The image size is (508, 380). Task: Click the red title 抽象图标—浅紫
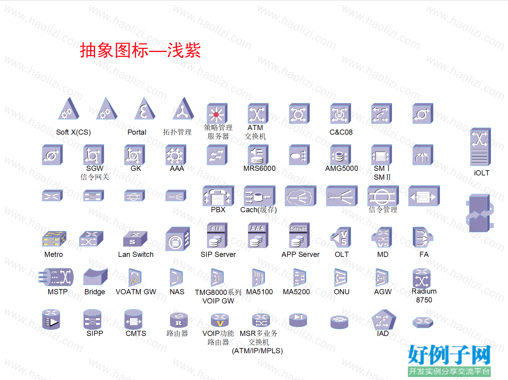(x=140, y=50)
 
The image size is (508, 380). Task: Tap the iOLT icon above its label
(x=480, y=147)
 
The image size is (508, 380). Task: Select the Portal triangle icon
(x=145, y=108)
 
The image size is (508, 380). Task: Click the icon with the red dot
(x=217, y=113)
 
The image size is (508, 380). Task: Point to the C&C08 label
(x=341, y=132)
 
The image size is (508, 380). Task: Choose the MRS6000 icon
(x=258, y=155)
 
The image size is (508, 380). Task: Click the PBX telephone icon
(x=218, y=196)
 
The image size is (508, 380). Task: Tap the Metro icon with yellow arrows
(x=54, y=238)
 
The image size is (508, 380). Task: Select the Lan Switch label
(x=136, y=254)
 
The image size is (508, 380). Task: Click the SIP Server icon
(x=217, y=235)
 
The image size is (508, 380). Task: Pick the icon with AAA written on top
(x=258, y=235)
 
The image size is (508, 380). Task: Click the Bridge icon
(x=95, y=277)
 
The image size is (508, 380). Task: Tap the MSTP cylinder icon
(x=56, y=277)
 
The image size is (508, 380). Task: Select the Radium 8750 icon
(x=422, y=278)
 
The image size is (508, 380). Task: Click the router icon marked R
(x=179, y=320)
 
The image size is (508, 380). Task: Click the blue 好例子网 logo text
(x=449, y=354)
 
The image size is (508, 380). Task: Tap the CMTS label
(x=136, y=333)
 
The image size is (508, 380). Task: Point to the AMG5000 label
(x=342, y=168)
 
